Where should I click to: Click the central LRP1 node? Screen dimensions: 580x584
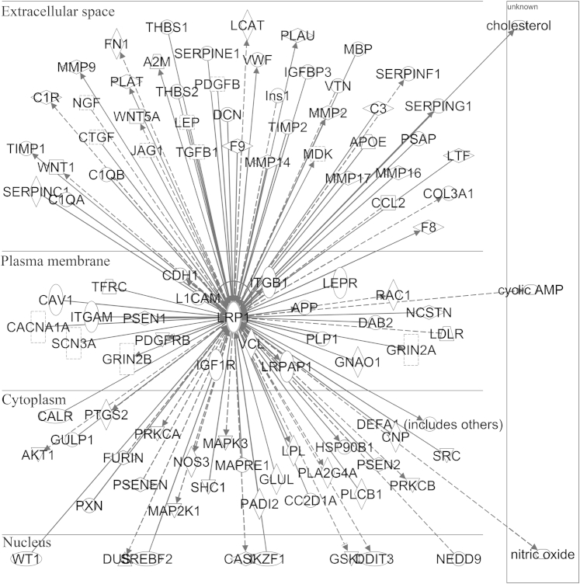tap(233, 318)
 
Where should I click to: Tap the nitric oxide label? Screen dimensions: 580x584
tap(542, 554)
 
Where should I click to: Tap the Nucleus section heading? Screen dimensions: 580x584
tap(28, 541)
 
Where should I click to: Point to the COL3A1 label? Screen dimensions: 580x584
tap(448, 193)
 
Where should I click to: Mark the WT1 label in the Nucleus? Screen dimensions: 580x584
tap(26, 558)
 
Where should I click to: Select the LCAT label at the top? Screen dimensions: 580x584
tap(247, 26)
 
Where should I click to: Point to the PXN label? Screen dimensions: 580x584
tap(89, 506)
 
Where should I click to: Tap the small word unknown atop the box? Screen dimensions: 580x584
tap(522, 7)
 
